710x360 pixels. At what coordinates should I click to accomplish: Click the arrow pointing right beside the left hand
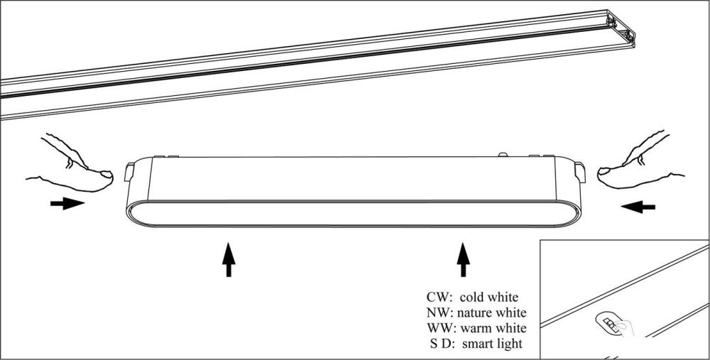pyautogui.click(x=67, y=204)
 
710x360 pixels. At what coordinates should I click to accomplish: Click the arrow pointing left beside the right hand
pyautogui.click(x=638, y=207)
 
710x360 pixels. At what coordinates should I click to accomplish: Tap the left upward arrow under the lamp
pyautogui.click(x=229, y=259)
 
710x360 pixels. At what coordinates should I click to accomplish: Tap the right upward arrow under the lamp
pyautogui.click(x=463, y=259)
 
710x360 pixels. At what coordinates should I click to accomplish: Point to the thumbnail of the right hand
pyautogui.click(x=603, y=172)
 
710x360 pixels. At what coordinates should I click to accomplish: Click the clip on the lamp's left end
pyautogui.click(x=129, y=172)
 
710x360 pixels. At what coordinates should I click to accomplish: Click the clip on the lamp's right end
pyautogui.click(x=579, y=173)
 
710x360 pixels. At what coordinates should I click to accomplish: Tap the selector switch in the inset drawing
pyautogui.click(x=611, y=324)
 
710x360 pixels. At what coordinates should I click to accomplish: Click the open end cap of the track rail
pyautogui.click(x=622, y=28)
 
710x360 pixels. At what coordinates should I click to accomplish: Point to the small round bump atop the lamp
pyautogui.click(x=503, y=155)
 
